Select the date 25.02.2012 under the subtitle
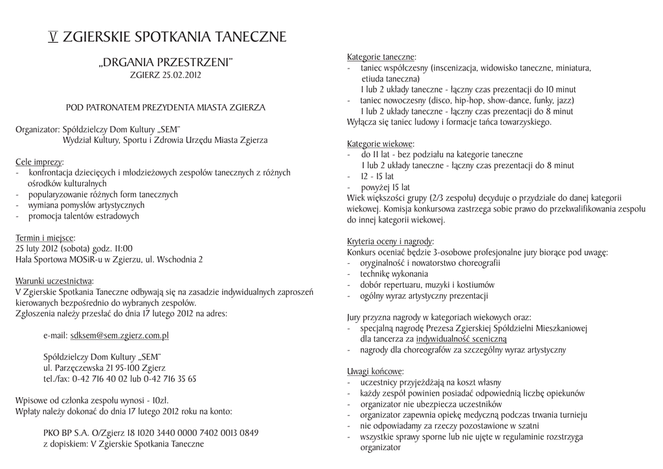pos(182,75)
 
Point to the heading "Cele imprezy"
pos(39,162)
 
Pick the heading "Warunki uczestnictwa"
pos(54,281)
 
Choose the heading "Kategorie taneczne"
pos(381,57)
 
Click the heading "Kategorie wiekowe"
pos(380,144)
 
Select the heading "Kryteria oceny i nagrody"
pos(390,241)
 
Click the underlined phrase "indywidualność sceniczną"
pos(461,339)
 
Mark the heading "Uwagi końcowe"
pos(375,372)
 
